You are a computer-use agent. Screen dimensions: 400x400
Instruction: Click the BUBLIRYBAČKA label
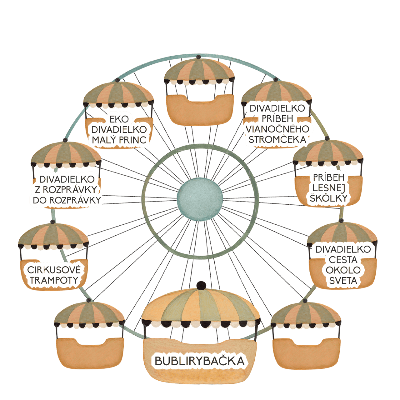(x=199, y=361)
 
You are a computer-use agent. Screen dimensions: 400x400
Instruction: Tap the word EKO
(x=119, y=119)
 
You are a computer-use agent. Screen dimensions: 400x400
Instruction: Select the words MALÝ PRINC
(x=119, y=140)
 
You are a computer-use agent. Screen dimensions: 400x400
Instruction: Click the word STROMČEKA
(x=277, y=139)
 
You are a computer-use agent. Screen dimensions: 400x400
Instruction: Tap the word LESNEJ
(x=328, y=188)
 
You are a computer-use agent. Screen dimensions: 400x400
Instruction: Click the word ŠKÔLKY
(x=328, y=198)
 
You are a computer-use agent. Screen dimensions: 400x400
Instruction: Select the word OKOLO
(x=343, y=270)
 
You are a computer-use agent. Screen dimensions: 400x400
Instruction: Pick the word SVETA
(x=343, y=281)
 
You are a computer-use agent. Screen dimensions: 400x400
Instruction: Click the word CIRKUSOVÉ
(x=54, y=270)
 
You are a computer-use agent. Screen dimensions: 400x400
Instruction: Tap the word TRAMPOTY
(x=54, y=280)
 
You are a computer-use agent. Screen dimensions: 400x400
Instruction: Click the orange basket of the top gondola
(x=199, y=110)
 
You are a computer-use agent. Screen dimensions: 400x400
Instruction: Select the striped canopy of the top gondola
(x=199, y=72)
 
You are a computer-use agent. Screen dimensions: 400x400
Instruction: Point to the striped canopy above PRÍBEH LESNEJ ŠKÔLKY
(x=328, y=153)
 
